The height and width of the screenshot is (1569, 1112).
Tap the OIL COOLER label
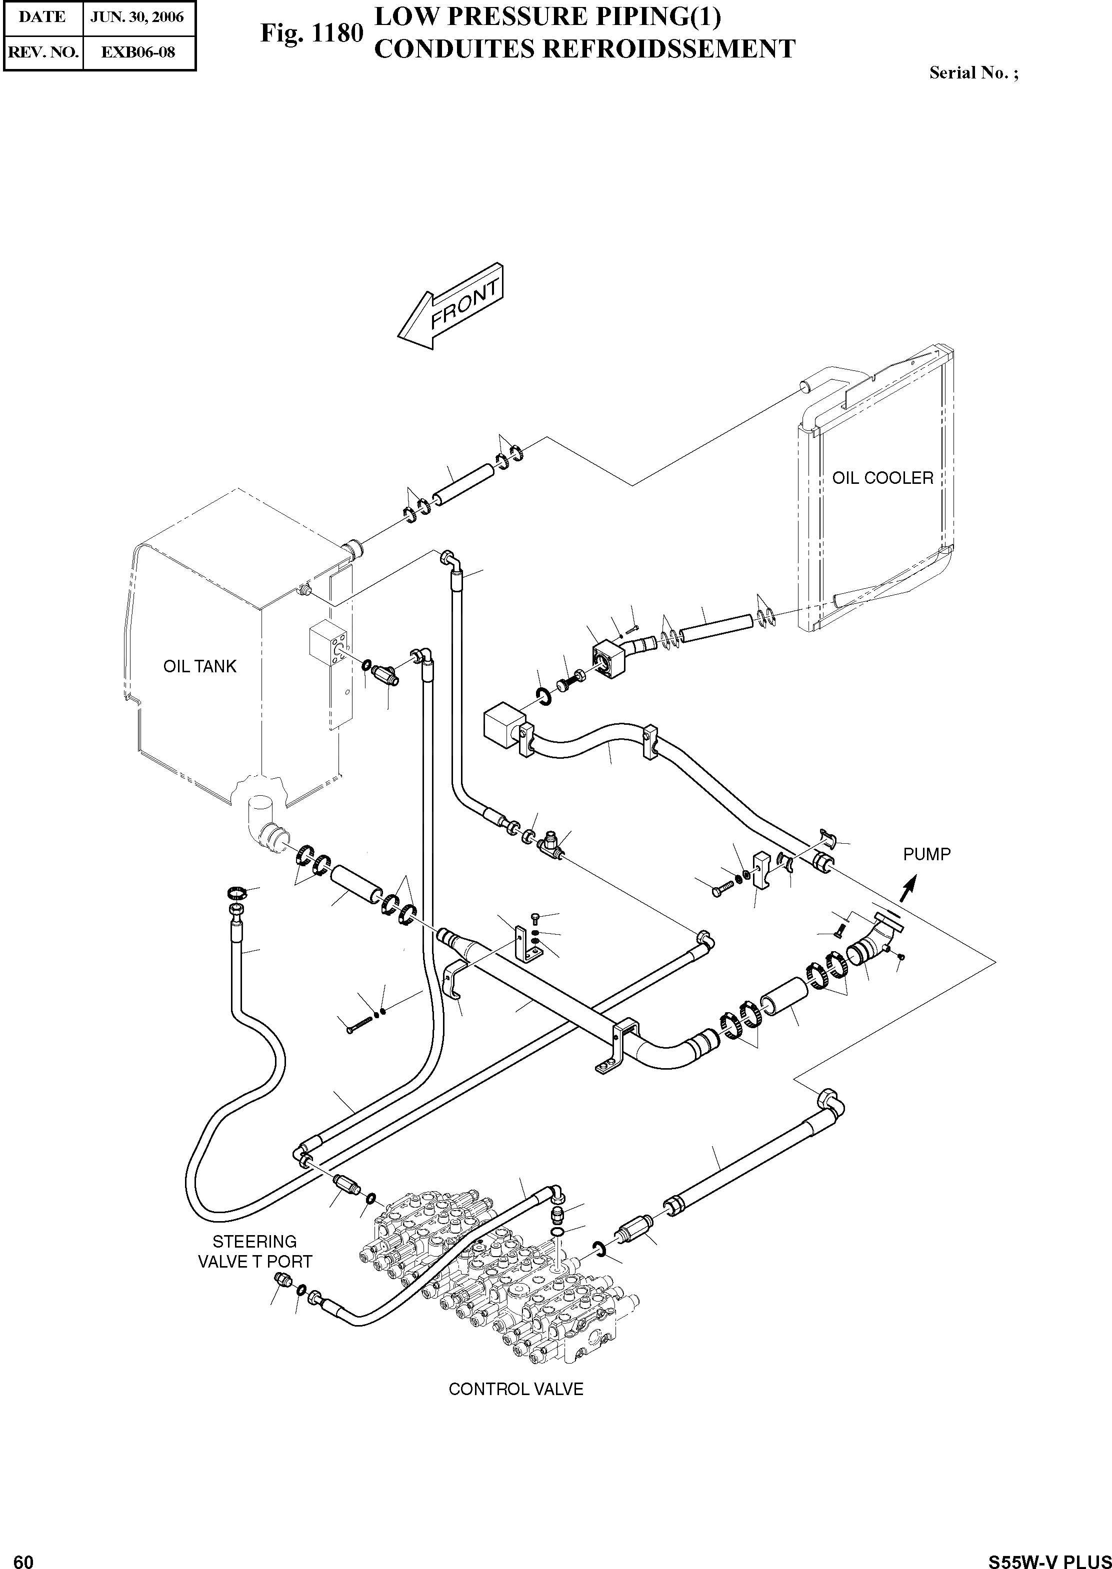[882, 478]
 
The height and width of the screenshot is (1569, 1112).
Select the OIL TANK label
[199, 666]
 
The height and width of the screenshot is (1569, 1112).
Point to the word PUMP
[926, 854]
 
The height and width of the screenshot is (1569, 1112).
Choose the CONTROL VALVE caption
[515, 1389]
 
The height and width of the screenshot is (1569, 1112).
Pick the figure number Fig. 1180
[311, 33]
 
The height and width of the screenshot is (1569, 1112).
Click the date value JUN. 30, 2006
[138, 17]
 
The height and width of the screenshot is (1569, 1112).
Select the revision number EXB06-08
[138, 52]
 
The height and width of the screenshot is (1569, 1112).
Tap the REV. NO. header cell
[43, 52]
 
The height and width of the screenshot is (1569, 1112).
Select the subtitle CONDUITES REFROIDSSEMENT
[585, 49]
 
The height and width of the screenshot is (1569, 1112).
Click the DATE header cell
[43, 17]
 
